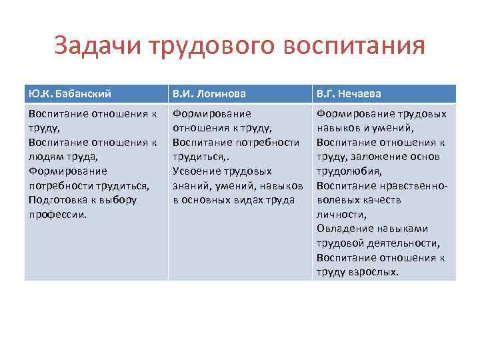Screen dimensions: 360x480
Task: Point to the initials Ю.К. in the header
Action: (x=38, y=93)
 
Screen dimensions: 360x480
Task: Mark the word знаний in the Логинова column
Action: (x=189, y=185)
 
